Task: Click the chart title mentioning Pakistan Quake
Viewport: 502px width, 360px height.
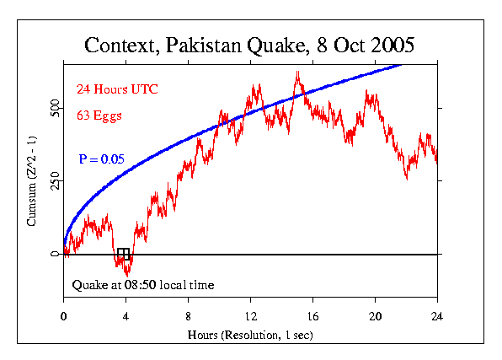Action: click(250, 44)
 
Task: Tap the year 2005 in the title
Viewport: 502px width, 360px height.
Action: click(389, 44)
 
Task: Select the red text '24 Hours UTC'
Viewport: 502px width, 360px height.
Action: click(117, 89)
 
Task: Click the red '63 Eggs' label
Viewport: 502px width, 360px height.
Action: click(100, 115)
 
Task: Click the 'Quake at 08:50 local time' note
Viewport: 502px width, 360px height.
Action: click(143, 285)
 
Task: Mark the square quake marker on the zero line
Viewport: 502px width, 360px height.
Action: click(123, 254)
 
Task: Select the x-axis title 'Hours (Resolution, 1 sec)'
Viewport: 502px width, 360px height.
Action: click(250, 336)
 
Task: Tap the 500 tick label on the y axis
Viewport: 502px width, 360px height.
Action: click(55, 109)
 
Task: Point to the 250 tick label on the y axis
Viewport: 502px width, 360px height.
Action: click(55, 181)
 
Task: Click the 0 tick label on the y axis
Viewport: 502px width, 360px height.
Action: click(55, 254)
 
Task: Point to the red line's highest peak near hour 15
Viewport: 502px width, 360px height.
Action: click(297, 73)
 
